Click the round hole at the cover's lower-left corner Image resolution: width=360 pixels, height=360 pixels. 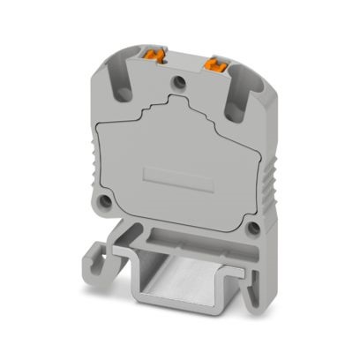click(x=105, y=201)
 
